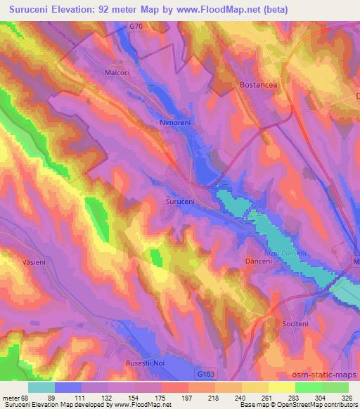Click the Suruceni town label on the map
pos(181,200)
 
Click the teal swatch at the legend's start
pos(41,387)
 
